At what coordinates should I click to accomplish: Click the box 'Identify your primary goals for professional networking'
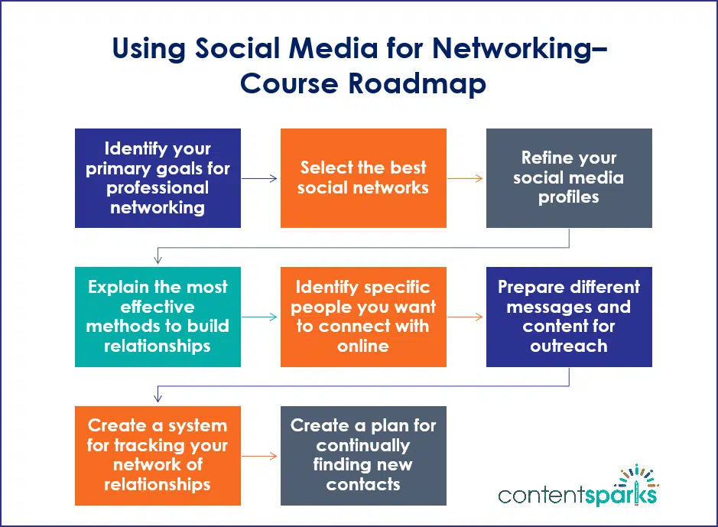click(x=158, y=178)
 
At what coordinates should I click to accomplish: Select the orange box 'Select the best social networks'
click(x=363, y=178)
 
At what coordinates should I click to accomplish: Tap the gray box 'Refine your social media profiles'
click(x=569, y=178)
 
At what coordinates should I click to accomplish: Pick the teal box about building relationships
click(x=158, y=317)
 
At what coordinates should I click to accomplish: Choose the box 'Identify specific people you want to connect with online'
click(x=363, y=317)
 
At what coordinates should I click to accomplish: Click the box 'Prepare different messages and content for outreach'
click(x=569, y=317)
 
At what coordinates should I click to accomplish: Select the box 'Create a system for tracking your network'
click(x=158, y=455)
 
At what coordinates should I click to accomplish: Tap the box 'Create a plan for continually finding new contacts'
click(x=363, y=455)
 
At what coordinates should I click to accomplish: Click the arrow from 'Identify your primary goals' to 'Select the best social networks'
click(x=260, y=179)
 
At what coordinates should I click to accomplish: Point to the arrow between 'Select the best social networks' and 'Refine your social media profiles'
click(x=466, y=179)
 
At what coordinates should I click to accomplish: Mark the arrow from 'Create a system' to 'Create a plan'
click(x=260, y=456)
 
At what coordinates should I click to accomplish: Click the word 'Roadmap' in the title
click(x=416, y=83)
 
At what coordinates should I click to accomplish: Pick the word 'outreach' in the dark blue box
click(x=569, y=346)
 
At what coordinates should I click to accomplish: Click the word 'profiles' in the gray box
click(x=569, y=197)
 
